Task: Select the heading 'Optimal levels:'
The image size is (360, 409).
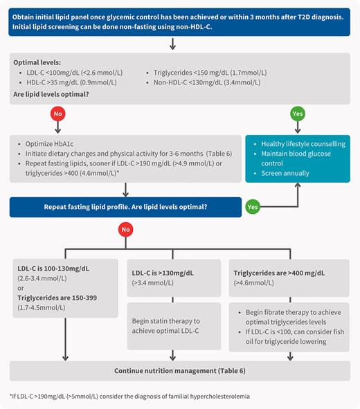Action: [x=41, y=62]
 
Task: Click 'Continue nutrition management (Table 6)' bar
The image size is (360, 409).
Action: [x=179, y=371]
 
